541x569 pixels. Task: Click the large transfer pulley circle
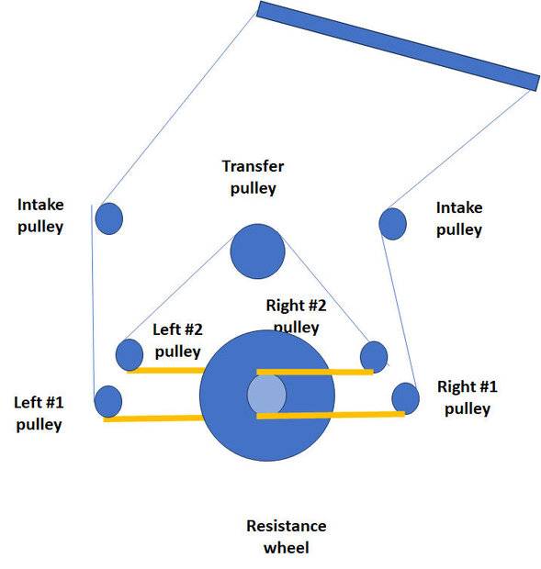click(x=257, y=251)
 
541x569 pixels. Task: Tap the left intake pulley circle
click(x=109, y=218)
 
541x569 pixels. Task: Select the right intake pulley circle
click(x=392, y=224)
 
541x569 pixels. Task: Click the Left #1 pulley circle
click(x=107, y=401)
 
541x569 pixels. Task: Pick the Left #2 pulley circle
click(x=130, y=355)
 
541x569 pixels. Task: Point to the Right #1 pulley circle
click(x=406, y=398)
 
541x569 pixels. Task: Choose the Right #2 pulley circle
click(x=374, y=357)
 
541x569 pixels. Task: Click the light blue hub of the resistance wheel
click(x=266, y=394)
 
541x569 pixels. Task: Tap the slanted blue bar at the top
click(x=398, y=46)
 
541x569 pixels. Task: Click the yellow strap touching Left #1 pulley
click(x=153, y=418)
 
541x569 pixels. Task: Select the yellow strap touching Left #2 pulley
click(x=166, y=370)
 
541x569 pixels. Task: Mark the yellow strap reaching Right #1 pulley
click(x=331, y=415)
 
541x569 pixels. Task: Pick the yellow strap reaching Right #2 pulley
click(x=315, y=372)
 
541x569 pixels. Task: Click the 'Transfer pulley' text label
click(x=254, y=177)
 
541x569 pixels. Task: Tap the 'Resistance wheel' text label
click(x=286, y=536)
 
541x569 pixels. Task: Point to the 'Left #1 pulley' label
click(x=39, y=413)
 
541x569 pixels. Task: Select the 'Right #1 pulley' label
click(x=468, y=397)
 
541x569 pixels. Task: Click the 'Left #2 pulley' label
click(x=177, y=340)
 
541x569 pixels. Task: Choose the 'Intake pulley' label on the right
click(x=459, y=218)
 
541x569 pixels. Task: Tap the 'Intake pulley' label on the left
click(x=40, y=216)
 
